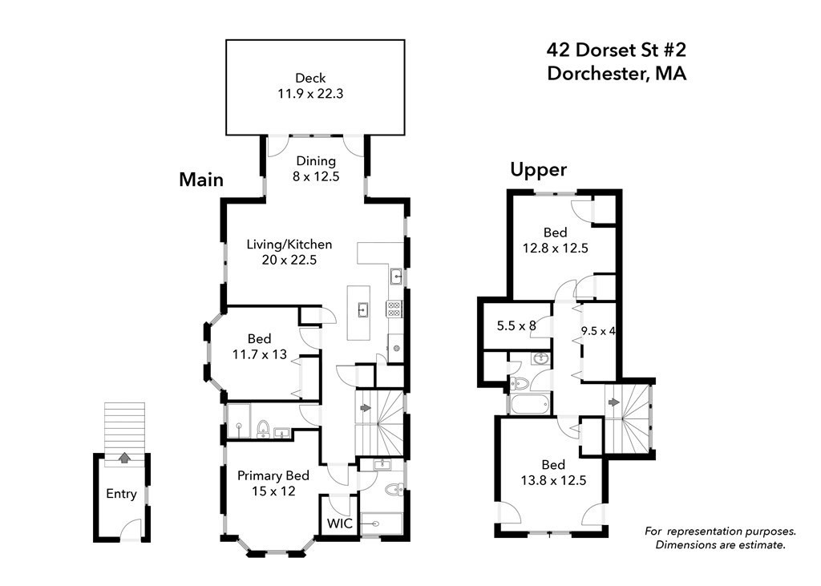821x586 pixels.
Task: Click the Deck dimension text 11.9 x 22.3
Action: (x=309, y=94)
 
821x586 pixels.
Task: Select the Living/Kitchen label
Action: (x=289, y=245)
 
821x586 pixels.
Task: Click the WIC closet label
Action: (x=338, y=523)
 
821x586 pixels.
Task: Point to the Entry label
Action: (x=121, y=494)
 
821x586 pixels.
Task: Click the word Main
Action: (x=200, y=180)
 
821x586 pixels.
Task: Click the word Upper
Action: (x=539, y=169)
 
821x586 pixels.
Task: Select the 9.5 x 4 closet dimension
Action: (x=597, y=329)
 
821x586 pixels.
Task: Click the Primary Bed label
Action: (x=273, y=475)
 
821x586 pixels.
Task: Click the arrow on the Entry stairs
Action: (x=123, y=459)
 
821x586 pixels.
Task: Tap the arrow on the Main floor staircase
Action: (x=365, y=408)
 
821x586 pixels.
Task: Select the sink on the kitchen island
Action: (x=362, y=307)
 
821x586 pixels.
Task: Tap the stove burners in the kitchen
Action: (x=394, y=309)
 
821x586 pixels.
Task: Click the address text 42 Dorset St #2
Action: (x=617, y=51)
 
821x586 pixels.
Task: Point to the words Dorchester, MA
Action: (x=617, y=74)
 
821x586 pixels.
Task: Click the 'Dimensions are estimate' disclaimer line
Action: (x=720, y=545)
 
